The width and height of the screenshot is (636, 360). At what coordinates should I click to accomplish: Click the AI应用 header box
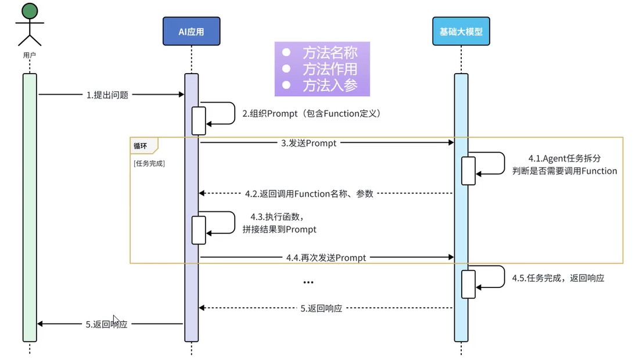(x=191, y=32)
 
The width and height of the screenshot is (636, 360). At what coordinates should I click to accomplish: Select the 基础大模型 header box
(x=461, y=32)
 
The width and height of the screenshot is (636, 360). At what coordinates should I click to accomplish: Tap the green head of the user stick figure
(x=30, y=10)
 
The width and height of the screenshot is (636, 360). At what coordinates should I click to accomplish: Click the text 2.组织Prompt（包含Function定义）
(x=312, y=114)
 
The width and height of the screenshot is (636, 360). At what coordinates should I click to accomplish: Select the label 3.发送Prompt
(x=312, y=143)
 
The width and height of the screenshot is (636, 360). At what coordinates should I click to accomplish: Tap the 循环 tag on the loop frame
(x=140, y=146)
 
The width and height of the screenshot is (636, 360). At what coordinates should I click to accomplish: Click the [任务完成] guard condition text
(x=149, y=164)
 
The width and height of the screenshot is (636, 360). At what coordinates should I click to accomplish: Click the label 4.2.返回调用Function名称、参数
(x=309, y=193)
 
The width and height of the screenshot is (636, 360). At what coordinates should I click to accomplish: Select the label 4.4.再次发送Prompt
(x=326, y=257)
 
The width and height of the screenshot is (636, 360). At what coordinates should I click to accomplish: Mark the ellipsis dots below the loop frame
(x=308, y=283)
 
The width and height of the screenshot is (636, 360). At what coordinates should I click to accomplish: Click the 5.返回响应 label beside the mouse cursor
(x=106, y=325)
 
